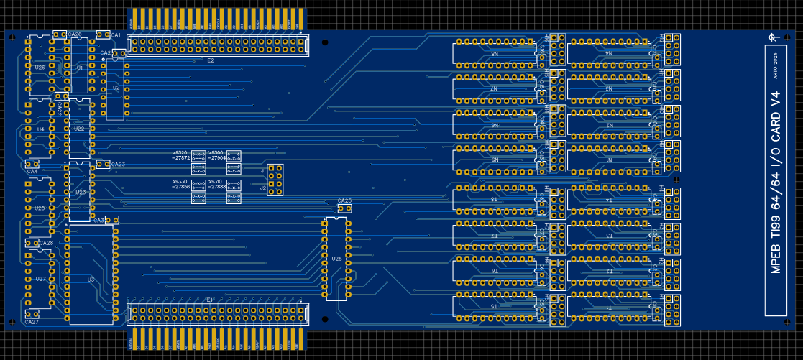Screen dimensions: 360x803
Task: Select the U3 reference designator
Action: tap(91, 279)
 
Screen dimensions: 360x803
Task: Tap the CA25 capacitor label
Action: tap(344, 201)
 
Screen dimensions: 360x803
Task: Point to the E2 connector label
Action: tap(211, 61)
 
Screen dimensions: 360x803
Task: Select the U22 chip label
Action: tap(80, 129)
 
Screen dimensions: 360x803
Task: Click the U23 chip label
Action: tap(80, 193)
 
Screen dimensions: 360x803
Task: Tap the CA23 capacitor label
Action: tap(118, 165)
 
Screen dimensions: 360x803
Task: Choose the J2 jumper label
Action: tap(264, 188)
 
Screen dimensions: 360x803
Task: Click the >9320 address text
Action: tap(180, 153)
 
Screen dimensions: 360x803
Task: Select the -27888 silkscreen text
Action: tap(217, 187)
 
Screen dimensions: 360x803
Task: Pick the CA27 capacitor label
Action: tap(32, 323)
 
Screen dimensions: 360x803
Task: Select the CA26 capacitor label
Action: tap(75, 34)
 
